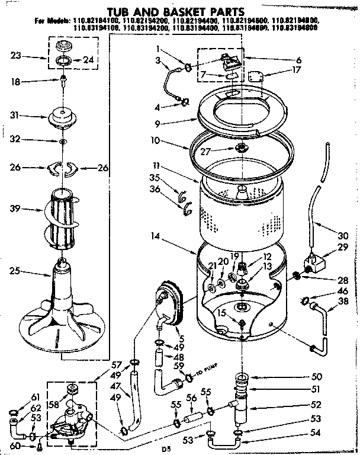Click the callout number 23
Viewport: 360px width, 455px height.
coord(17,57)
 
